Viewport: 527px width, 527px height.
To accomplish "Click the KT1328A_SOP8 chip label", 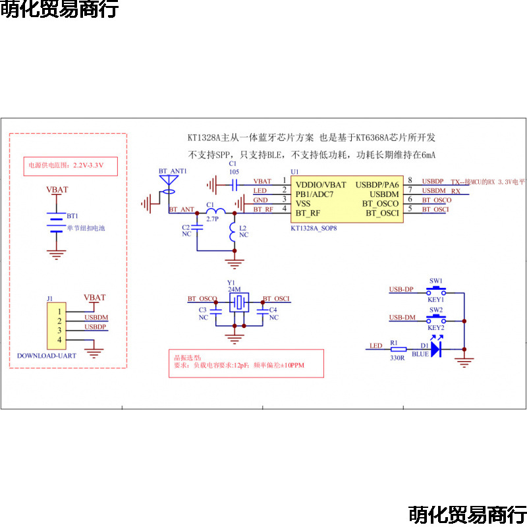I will tap(314, 229).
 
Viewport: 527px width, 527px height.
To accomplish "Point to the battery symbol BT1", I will tap(57, 222).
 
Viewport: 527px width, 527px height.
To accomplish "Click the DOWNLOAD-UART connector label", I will tap(47, 355).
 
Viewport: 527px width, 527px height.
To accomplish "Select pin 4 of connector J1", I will tap(59, 339).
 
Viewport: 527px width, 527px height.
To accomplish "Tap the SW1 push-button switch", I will tap(436, 290).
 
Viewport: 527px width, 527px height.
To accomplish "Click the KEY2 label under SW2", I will tap(435, 327).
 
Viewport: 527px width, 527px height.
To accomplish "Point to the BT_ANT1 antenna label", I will tap(173, 171).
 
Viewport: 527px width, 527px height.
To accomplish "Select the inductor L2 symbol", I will tap(233, 232).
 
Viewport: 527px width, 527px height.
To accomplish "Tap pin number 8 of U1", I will tap(410, 180).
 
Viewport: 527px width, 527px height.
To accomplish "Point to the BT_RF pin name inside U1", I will tap(308, 213).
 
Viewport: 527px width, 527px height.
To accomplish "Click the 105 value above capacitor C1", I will tap(233, 171).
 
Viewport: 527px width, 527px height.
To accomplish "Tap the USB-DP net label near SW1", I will tap(401, 289).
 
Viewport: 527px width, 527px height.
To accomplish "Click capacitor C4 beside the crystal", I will tap(263, 314).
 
